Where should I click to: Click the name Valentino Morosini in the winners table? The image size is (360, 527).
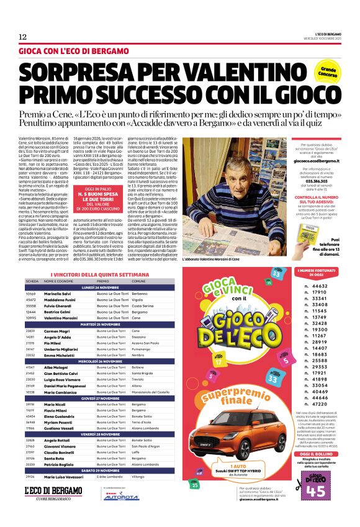60,317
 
